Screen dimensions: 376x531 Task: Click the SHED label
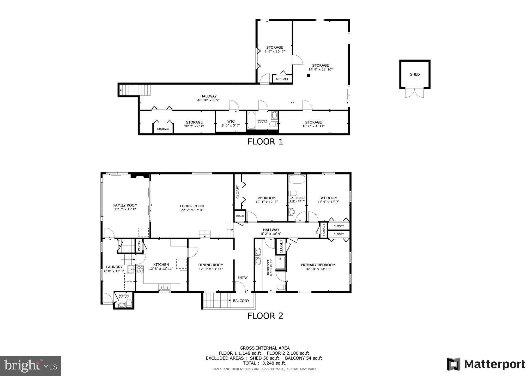[x=415, y=74]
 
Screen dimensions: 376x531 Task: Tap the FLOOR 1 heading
[x=265, y=142]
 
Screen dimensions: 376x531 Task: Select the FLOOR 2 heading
[x=265, y=316]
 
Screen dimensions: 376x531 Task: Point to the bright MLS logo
[x=31, y=366]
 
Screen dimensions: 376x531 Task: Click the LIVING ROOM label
[x=192, y=206]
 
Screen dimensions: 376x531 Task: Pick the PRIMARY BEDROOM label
[x=318, y=265]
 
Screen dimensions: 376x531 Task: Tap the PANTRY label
[x=139, y=246]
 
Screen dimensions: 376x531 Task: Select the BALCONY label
[x=241, y=301]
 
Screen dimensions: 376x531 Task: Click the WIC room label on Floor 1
[x=231, y=121]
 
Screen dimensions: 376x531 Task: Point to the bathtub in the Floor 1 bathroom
[x=251, y=120]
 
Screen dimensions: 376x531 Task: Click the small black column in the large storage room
[x=309, y=75]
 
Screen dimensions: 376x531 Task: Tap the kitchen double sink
[x=164, y=287]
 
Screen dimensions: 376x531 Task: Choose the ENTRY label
[x=243, y=278]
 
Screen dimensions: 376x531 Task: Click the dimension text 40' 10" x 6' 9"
[x=208, y=100]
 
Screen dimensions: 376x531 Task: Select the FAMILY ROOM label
[x=125, y=205]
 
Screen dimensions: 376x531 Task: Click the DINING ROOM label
[x=211, y=265]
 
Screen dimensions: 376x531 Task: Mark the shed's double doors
[x=414, y=93]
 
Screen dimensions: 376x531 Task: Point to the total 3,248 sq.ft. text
[x=264, y=363]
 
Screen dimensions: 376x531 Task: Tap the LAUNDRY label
[x=114, y=267]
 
